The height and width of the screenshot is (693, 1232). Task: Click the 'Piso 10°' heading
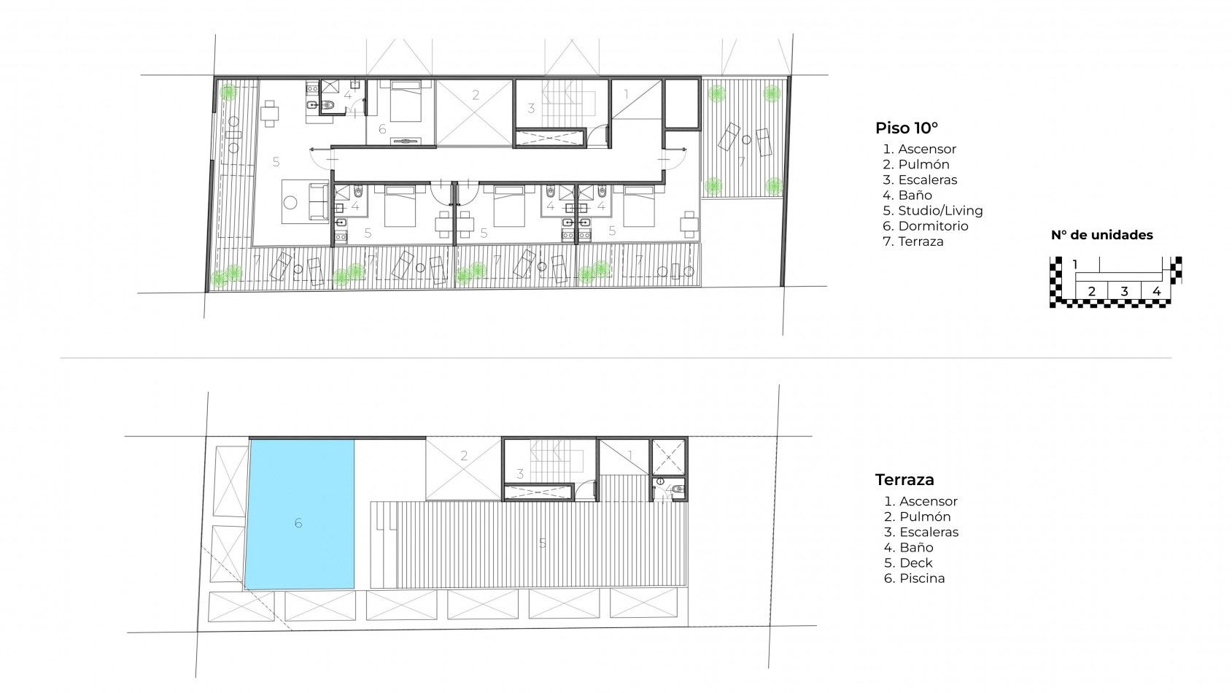(907, 128)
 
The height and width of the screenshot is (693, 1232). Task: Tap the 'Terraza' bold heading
(904, 479)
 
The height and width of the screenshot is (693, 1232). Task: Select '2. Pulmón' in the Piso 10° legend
(916, 164)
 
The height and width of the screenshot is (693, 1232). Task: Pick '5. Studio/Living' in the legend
(933, 211)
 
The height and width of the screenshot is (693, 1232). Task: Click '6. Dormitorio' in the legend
(926, 226)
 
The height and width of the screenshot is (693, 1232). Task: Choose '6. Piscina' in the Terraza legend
(915, 578)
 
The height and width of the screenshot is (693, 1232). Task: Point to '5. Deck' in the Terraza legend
(909, 563)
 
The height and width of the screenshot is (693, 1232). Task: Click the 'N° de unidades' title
(1101, 236)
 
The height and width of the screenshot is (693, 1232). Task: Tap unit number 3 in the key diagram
(1124, 292)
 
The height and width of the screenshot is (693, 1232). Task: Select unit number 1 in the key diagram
(1074, 265)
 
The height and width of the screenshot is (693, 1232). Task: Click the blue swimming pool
(300, 514)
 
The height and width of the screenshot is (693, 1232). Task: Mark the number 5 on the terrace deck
(542, 544)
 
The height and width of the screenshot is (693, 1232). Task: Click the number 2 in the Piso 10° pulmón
(476, 95)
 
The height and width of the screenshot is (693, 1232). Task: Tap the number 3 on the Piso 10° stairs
(531, 109)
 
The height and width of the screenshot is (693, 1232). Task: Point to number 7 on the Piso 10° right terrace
(741, 162)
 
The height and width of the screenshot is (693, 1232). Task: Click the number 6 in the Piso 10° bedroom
(382, 129)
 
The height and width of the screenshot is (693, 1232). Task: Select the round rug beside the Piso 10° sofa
(290, 202)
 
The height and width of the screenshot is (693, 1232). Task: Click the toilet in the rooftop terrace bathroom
(678, 489)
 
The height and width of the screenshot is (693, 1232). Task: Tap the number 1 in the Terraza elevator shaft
(629, 455)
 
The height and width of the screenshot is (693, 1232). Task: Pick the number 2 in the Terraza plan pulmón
(464, 456)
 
